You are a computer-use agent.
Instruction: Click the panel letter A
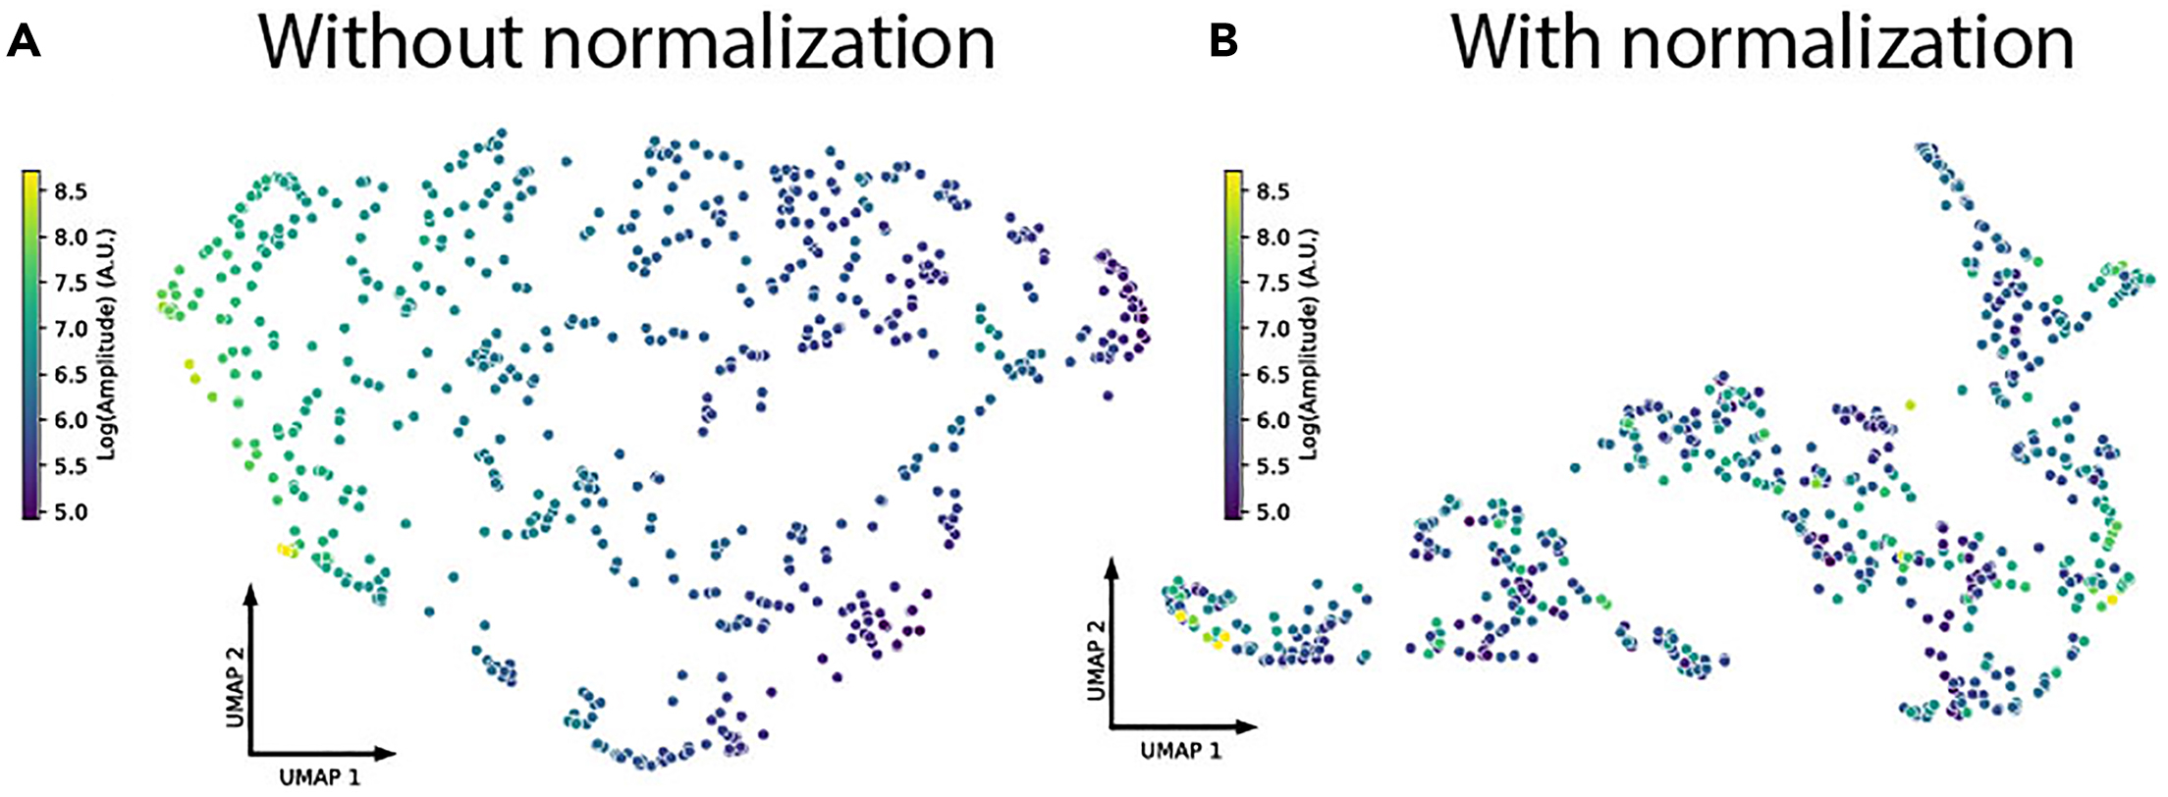pos(23,42)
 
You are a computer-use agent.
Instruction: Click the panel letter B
pos(1223,42)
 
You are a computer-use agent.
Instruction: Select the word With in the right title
pos(1530,44)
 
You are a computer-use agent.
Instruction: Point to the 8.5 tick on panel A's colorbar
pos(70,191)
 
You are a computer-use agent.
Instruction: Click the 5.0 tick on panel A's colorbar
pos(70,512)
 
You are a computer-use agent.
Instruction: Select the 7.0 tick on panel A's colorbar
pos(70,329)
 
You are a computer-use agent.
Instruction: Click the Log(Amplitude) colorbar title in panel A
pos(109,344)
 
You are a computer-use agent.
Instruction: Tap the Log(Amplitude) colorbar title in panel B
pos(1310,344)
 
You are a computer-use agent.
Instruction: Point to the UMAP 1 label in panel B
pos(1181,751)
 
